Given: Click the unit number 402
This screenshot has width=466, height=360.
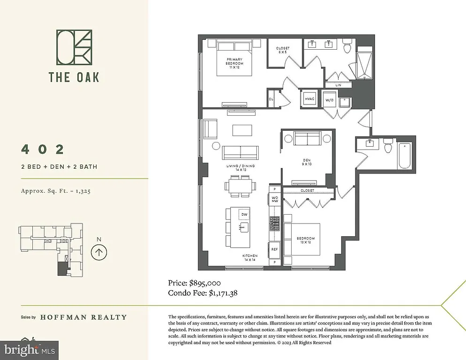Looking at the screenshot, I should tap(43, 150).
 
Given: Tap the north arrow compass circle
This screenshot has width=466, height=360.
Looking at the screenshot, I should tap(98, 252).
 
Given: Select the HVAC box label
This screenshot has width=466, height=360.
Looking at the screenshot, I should tap(309, 99).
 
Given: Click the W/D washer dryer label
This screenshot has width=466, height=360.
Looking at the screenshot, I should tap(330, 100).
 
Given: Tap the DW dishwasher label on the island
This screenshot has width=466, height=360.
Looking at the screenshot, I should tap(244, 214).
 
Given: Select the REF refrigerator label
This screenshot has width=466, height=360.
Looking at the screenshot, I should tap(275, 249).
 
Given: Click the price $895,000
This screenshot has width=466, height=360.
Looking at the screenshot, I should tap(195, 283).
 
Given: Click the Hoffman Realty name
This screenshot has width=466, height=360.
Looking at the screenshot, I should tap(83, 317).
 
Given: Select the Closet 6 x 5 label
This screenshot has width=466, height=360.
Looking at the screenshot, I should tap(283, 50).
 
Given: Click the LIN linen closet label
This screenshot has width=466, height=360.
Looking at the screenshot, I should tap(338, 85).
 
